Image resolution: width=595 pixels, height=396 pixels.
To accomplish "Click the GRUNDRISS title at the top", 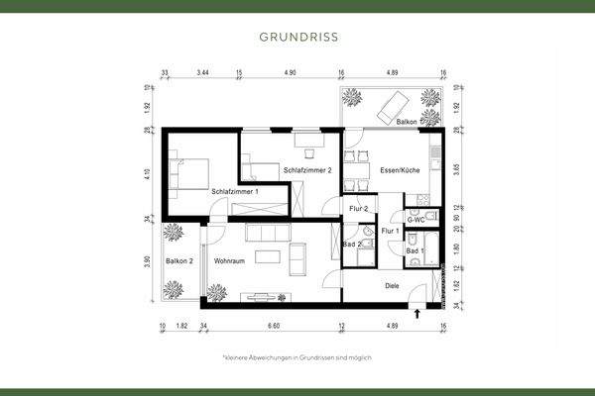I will pos(297,39).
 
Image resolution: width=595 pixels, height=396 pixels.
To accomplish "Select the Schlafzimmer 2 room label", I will pos(306,170).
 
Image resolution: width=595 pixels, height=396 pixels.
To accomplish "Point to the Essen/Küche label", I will pos(399,170).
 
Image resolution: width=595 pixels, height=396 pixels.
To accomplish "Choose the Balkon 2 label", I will pos(179,261).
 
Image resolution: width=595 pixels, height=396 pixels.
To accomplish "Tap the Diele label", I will pos(391,286).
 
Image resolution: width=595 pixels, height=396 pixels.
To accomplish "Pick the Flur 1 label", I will pos(390,231).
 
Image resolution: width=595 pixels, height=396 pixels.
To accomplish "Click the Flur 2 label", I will pos(358,209).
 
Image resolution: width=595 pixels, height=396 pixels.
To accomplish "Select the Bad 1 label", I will pos(415,250).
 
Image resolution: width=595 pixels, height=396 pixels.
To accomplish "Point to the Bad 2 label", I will pos(351,244).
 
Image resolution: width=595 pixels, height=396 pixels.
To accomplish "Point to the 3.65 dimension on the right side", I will pos(457,168).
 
